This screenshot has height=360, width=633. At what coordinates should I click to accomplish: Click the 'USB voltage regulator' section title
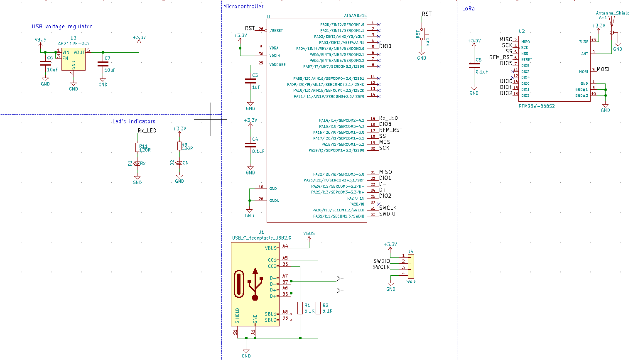click(x=62, y=27)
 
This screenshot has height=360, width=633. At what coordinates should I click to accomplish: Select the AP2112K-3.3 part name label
click(x=73, y=44)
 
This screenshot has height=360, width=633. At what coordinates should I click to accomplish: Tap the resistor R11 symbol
click(x=137, y=147)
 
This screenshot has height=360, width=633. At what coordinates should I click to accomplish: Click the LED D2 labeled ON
click(x=179, y=163)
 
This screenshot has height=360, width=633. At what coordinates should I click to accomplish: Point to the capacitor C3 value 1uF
click(x=256, y=87)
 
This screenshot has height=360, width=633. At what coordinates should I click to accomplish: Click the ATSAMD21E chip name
click(x=355, y=16)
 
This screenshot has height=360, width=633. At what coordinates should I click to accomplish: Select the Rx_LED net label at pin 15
click(x=388, y=118)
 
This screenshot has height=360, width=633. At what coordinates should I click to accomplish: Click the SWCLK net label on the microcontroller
click(x=388, y=208)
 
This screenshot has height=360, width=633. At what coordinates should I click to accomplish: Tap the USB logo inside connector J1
click(x=255, y=284)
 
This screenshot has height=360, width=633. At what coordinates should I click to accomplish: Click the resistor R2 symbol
click(x=318, y=308)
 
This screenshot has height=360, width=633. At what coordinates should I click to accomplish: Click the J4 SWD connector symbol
click(x=410, y=265)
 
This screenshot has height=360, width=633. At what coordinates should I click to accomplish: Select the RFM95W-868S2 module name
click(x=537, y=106)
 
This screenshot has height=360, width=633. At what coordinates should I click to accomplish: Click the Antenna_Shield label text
click(x=613, y=13)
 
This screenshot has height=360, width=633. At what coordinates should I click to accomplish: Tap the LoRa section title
click(x=468, y=8)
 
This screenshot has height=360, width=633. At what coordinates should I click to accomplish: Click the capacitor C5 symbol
click(x=474, y=66)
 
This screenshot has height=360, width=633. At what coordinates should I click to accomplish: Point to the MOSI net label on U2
click(x=603, y=69)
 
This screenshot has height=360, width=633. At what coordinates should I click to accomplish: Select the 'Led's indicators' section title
click(x=134, y=121)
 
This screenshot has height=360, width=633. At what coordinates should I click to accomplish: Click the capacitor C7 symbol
click(x=103, y=64)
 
